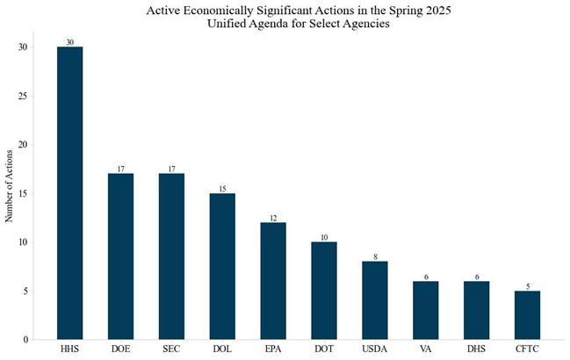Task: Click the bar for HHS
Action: click(70, 193)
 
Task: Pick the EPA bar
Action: click(273, 281)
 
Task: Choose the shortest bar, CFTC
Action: click(527, 315)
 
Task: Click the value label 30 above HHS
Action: click(70, 42)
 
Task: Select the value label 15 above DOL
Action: click(222, 189)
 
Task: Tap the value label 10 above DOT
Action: click(324, 237)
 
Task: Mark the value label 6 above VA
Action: click(426, 277)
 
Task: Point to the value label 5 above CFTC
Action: click(527, 286)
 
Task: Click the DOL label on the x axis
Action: click(222, 350)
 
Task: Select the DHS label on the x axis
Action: click(476, 350)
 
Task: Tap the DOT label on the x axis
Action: click(324, 350)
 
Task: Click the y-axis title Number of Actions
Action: click(10, 193)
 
